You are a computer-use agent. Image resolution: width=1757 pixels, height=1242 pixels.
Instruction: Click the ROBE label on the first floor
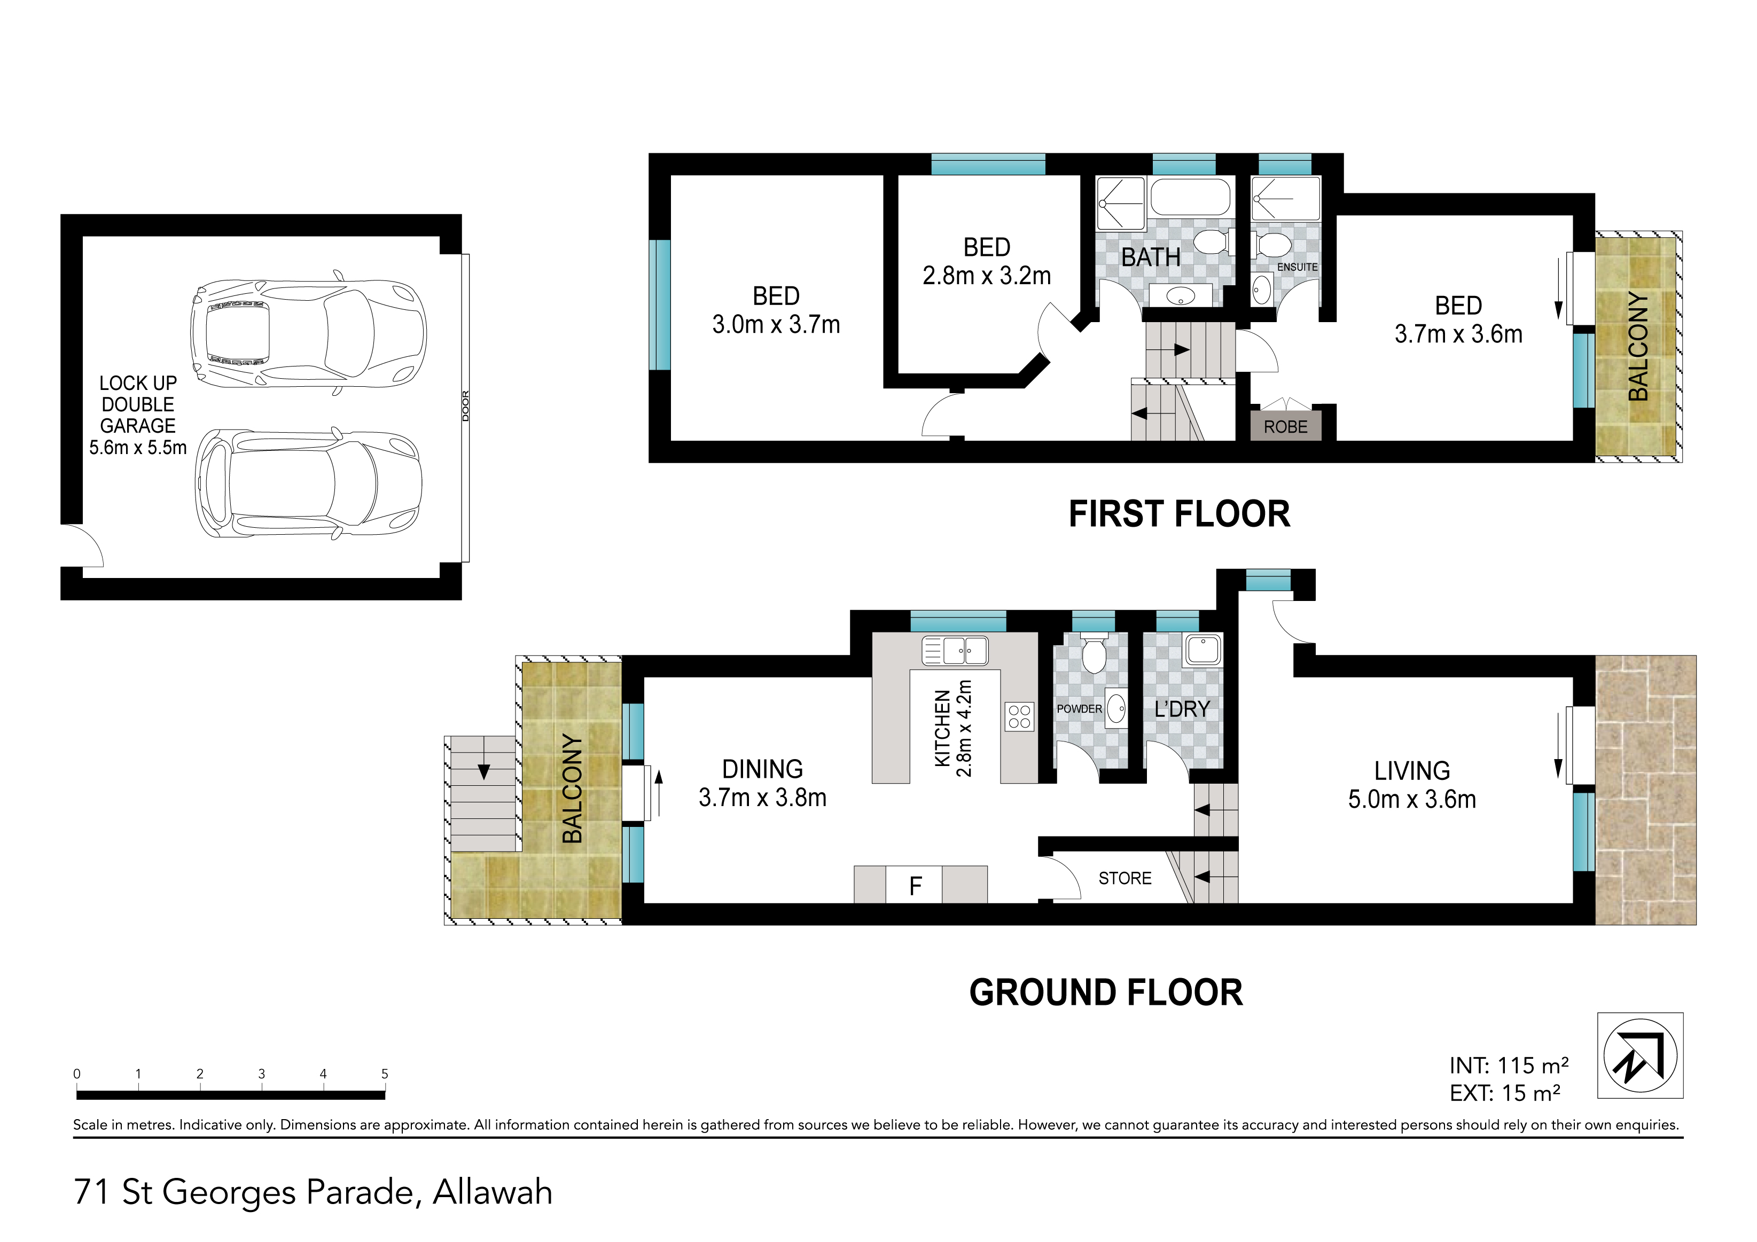point(1286,427)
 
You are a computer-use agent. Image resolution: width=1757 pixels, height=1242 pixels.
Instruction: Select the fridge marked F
point(915,885)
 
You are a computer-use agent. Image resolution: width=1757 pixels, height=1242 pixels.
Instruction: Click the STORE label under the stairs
point(1125,879)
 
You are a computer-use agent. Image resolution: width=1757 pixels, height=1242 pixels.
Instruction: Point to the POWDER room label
point(1079,709)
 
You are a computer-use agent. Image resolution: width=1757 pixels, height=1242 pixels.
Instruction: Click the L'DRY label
point(1182,709)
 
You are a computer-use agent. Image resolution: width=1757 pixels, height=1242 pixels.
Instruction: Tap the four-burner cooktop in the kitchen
point(1019,716)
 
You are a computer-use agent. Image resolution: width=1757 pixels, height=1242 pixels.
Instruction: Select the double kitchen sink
point(955,651)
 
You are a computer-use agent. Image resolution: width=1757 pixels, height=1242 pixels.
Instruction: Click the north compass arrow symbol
point(1640,1056)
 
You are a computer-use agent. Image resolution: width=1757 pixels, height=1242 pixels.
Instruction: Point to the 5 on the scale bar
point(385,1074)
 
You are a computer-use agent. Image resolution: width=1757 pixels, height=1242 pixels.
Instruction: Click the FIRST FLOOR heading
point(1179,514)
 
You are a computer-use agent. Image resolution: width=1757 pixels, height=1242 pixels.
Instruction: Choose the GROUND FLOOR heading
point(1106,993)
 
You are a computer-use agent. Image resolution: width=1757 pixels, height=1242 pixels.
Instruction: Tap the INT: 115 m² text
point(1509,1065)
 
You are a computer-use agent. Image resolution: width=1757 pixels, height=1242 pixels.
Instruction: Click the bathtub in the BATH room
point(1190,198)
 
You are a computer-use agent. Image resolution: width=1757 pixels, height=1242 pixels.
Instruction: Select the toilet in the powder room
point(1094,653)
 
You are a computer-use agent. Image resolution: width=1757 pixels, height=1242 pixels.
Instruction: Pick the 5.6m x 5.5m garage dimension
point(138,448)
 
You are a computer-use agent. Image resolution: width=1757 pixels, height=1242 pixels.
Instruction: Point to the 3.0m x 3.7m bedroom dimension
point(776,324)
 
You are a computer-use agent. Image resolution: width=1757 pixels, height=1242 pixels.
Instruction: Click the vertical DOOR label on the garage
point(465,405)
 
